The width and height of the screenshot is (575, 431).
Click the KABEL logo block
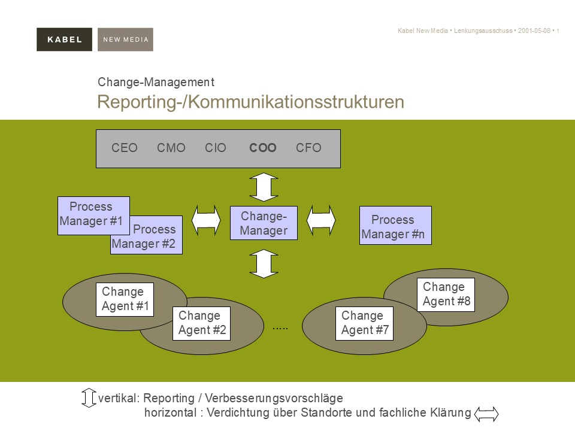[x=64, y=40]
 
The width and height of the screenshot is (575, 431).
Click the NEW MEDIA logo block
[x=125, y=40]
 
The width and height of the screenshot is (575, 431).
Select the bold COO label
[x=263, y=148]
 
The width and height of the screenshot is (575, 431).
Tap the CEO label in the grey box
[x=125, y=148]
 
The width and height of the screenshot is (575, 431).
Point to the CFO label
[x=308, y=148]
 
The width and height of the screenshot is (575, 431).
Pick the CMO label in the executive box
[x=171, y=148]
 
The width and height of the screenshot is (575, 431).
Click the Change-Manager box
[x=264, y=223]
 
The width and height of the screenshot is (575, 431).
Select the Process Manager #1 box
[x=93, y=214]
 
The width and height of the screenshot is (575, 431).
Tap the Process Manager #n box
[x=395, y=226]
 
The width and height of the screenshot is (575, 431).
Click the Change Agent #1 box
[x=125, y=299]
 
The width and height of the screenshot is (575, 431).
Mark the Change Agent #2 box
[x=201, y=323]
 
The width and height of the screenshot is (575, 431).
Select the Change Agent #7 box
[x=364, y=323]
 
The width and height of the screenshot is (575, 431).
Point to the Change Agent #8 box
[x=446, y=295]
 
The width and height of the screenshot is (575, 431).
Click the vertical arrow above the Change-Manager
[x=264, y=187]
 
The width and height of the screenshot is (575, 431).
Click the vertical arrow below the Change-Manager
[x=264, y=264]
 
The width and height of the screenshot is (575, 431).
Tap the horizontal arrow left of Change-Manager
[x=206, y=220]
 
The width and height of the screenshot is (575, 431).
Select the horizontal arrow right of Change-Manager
[x=321, y=220]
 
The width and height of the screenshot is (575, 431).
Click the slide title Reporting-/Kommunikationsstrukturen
[x=250, y=102]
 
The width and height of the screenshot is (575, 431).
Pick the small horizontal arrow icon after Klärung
[x=486, y=413]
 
